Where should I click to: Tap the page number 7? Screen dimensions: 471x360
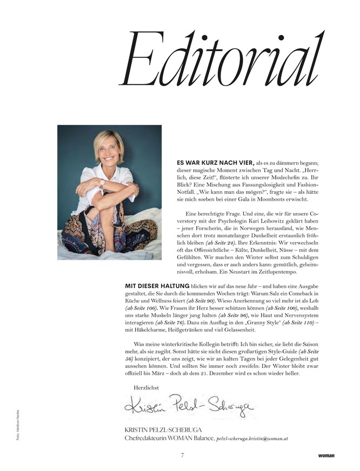183,455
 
